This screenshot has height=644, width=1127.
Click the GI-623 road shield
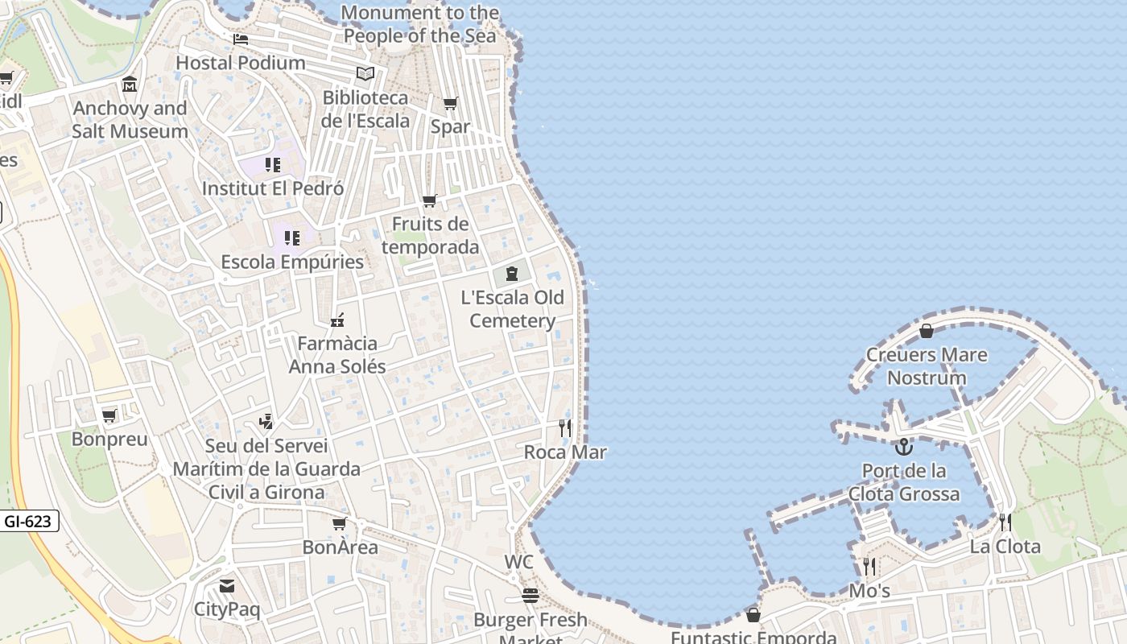point(28,521)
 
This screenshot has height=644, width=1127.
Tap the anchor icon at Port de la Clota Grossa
point(904,447)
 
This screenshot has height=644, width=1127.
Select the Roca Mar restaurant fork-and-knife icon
point(565,427)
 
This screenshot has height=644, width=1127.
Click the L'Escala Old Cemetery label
point(512,309)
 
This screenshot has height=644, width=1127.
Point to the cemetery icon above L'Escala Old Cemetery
point(512,274)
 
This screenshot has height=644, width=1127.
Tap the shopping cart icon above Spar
point(451,103)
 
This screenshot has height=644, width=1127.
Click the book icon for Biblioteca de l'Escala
point(365,74)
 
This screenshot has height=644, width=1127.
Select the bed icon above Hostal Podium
point(241,39)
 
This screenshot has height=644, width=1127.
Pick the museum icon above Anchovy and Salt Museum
point(130,85)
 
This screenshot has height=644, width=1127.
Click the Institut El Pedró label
point(273,188)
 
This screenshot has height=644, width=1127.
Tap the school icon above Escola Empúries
point(291,238)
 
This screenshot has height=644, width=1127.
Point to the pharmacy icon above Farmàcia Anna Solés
point(337,320)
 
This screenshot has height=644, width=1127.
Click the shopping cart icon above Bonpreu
point(109,415)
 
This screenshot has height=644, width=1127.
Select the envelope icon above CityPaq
point(227,585)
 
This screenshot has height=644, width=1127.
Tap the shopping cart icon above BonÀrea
point(340,523)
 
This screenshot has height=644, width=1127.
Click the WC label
point(518,562)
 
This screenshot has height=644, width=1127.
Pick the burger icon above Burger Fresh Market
point(530,596)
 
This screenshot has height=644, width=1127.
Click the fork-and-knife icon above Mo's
point(869,567)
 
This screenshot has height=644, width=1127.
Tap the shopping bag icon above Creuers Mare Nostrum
point(927,330)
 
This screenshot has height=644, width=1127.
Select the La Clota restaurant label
point(1005,547)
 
